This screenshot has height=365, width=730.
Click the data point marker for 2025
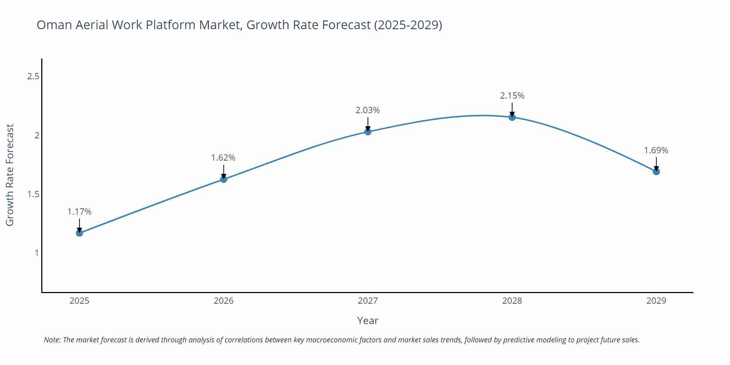coord(80,233)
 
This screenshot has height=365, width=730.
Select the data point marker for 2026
coord(224,179)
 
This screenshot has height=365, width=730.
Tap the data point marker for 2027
coord(368,132)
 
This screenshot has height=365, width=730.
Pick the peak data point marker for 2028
coord(512,117)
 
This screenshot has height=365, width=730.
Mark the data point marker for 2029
coord(656,172)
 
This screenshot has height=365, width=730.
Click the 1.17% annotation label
coord(80,212)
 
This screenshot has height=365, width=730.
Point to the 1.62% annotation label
coord(223,158)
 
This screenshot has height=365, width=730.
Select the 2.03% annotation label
coord(368,110)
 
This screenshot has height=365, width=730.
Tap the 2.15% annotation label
coord(512,96)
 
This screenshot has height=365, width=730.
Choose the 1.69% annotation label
coord(656,150)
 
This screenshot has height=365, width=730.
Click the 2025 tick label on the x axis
coord(80,301)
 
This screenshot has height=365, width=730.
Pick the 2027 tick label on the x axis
coord(368,301)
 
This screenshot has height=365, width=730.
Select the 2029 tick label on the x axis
coord(656,301)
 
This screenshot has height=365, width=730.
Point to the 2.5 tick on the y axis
coord(33,77)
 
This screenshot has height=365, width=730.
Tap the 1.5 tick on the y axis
coord(33,194)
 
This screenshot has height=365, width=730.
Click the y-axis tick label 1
coord(36,253)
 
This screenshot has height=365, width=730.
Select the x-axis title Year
coord(368,320)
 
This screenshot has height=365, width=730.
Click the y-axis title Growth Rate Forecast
coord(10,175)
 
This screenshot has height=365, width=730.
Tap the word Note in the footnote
coord(52,340)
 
